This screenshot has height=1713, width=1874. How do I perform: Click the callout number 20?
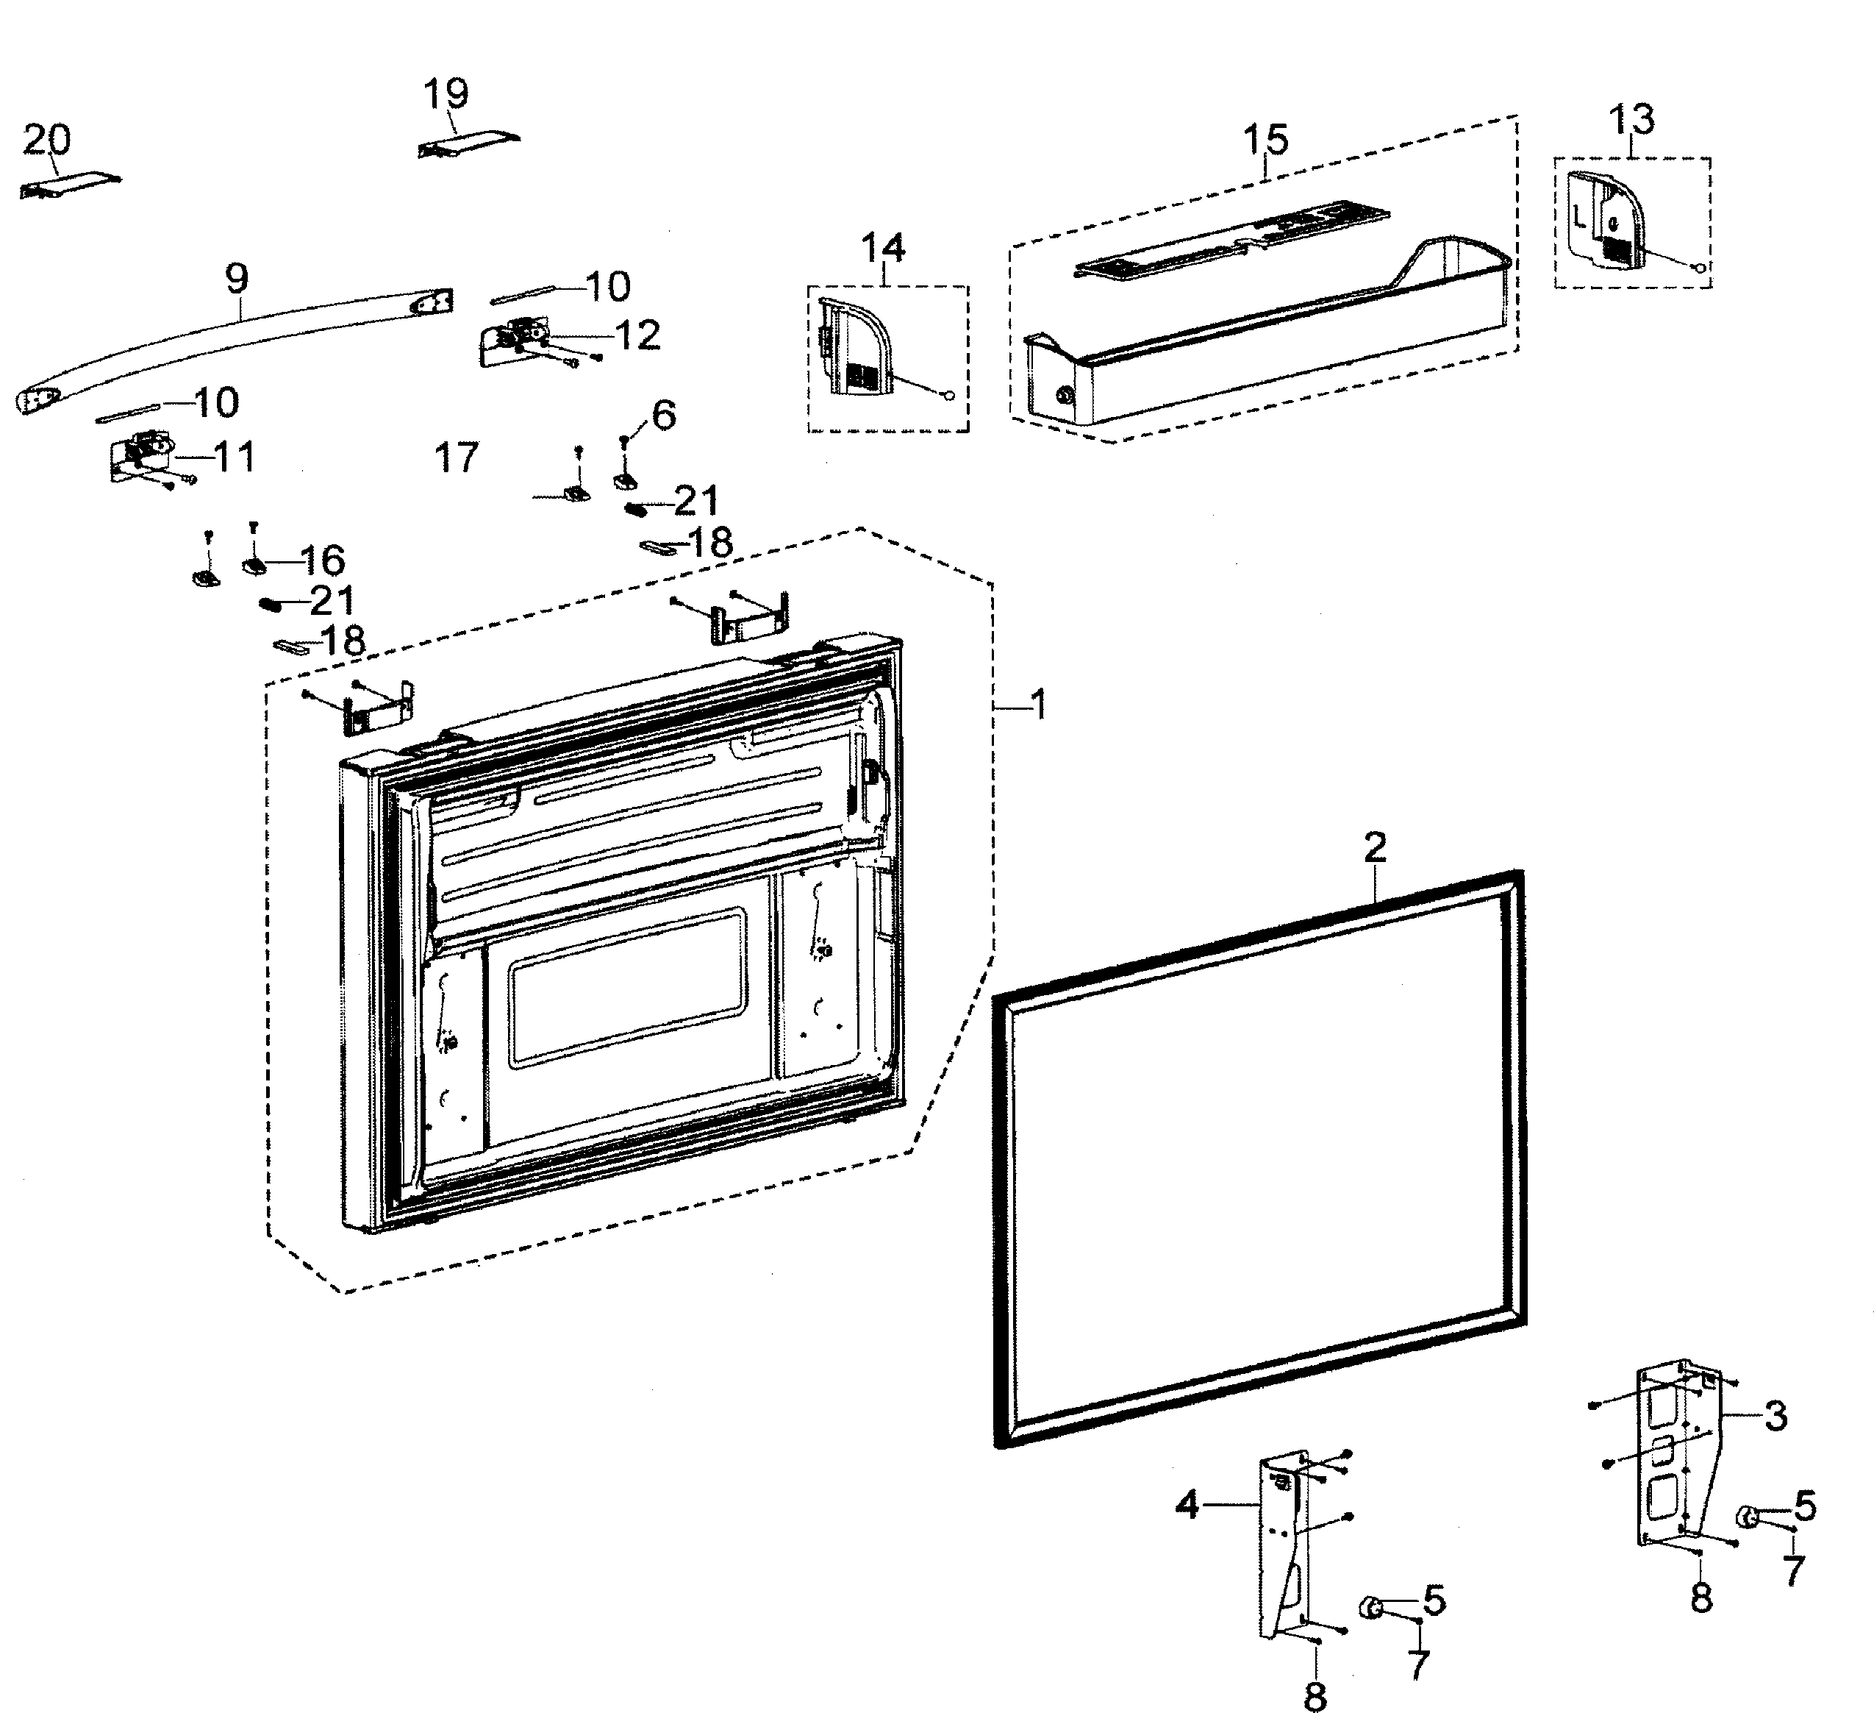tap(46, 140)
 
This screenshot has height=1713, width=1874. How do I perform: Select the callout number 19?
tap(446, 94)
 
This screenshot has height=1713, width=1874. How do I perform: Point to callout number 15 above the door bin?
tap(1266, 140)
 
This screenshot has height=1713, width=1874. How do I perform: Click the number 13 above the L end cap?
tap(1631, 119)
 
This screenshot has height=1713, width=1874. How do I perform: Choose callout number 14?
tap(882, 249)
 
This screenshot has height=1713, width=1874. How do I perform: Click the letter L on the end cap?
tap(1579, 219)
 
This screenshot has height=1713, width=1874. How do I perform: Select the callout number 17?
tap(457, 457)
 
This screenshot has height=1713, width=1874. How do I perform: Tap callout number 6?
tap(664, 415)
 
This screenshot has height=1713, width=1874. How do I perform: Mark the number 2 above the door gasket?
tap(1375, 847)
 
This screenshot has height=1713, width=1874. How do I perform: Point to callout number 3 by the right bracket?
tap(1775, 1417)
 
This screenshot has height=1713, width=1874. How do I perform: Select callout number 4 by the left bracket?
tap(1187, 1505)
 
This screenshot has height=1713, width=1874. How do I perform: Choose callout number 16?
tap(323, 560)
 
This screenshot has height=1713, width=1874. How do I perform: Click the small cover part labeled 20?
tap(70, 185)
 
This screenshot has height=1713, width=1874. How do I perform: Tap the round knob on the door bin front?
tap(1065, 398)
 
